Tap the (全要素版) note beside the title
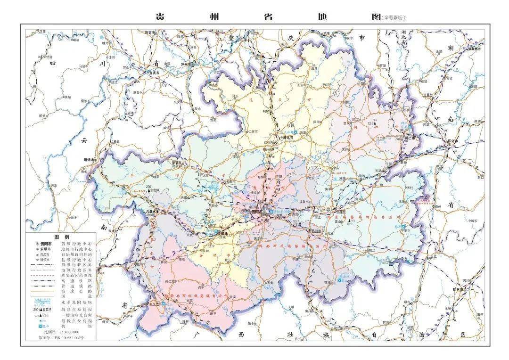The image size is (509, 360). (394, 18)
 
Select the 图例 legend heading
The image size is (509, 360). (62, 237)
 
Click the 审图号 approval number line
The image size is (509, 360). (61, 338)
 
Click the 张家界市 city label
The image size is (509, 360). (473, 49)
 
